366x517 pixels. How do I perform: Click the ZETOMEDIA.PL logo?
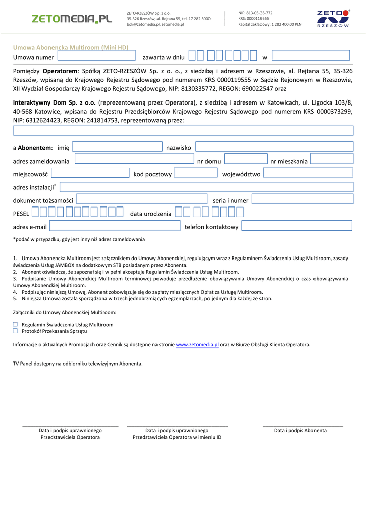(x=72, y=19)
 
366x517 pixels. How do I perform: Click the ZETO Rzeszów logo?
(x=333, y=19)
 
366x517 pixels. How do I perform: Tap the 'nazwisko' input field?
(x=274, y=147)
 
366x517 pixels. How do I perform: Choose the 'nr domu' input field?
(x=245, y=160)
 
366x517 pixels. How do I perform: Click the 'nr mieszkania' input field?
(x=332, y=160)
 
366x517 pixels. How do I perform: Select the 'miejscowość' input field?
(x=90, y=173)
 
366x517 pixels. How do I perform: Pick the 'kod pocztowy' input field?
(x=195, y=173)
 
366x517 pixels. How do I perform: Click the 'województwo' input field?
(x=307, y=173)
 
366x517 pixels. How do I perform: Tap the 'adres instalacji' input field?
(x=206, y=187)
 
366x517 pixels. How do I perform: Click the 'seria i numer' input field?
(x=302, y=199)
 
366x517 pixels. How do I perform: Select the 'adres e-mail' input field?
(x=115, y=226)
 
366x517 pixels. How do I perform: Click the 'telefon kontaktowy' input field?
(x=297, y=226)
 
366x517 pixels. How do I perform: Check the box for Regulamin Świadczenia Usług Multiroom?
(x=15, y=325)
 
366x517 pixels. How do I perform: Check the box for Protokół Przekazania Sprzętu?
(x=15, y=331)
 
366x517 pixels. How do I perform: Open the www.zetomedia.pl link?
(x=197, y=345)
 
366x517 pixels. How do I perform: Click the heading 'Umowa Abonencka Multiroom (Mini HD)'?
(x=71, y=47)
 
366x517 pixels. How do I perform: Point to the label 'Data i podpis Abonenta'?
(x=300, y=431)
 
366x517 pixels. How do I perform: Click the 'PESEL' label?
(x=21, y=214)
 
